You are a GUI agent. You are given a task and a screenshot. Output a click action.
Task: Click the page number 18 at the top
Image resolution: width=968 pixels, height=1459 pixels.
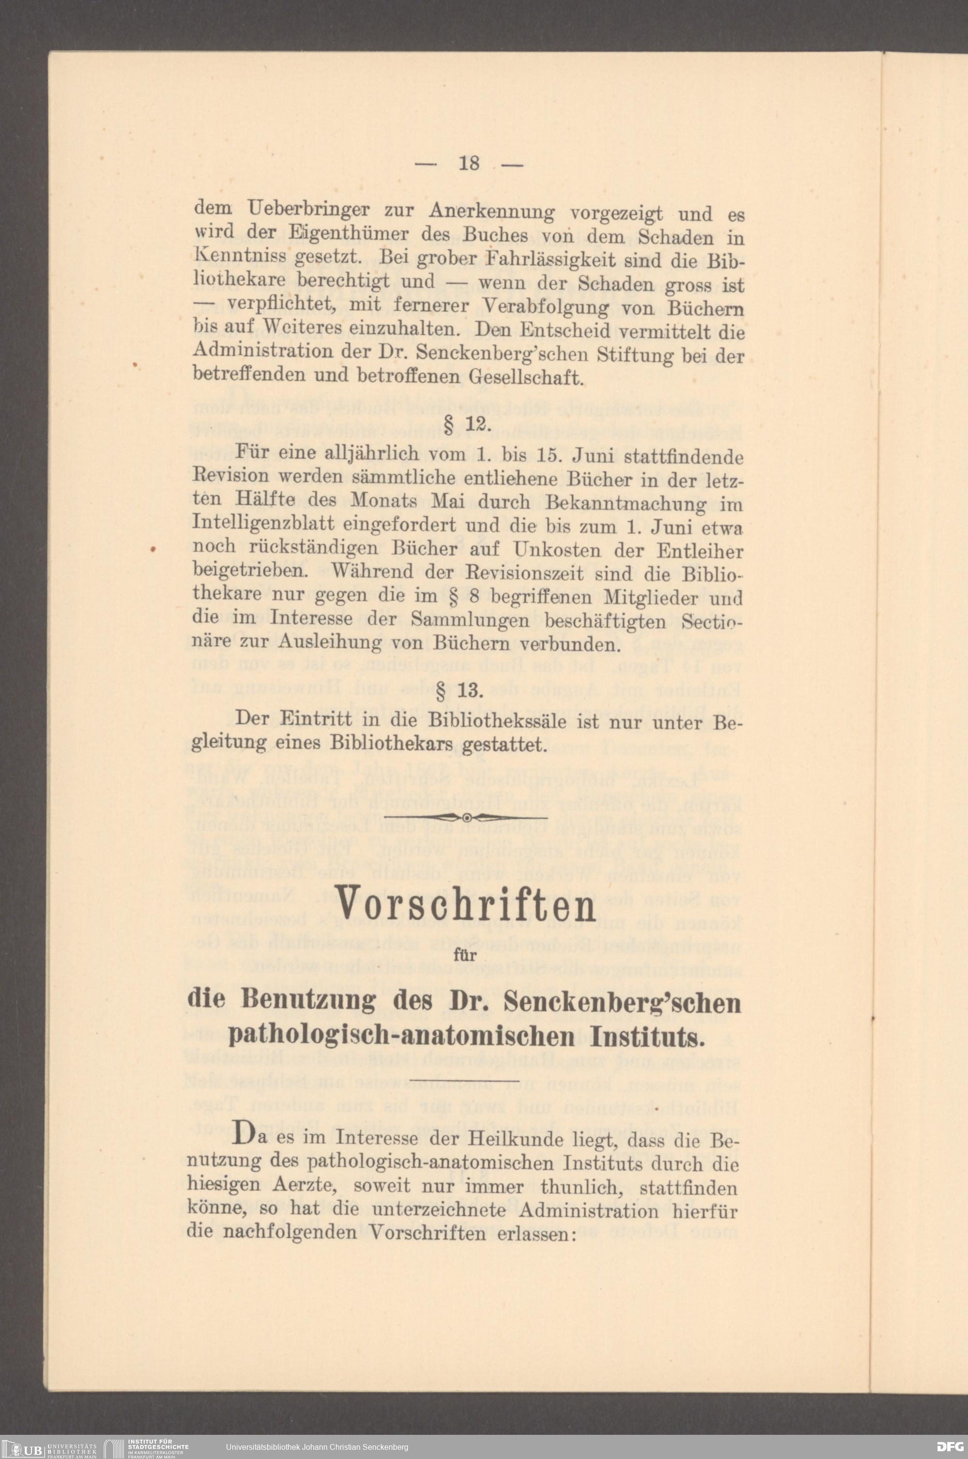coord(469,164)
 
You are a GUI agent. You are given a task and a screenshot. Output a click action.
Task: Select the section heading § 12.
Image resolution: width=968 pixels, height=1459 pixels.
coord(468,426)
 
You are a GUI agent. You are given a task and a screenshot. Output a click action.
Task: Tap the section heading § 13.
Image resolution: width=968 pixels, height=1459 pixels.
coord(468,690)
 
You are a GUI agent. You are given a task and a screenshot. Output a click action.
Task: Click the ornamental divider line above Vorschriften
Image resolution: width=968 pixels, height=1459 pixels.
coord(466,818)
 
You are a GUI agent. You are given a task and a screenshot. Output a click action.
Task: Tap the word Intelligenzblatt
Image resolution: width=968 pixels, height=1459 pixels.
coord(263,525)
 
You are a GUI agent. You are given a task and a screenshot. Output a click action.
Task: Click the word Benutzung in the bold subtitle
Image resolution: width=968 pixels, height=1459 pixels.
coord(309,1000)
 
